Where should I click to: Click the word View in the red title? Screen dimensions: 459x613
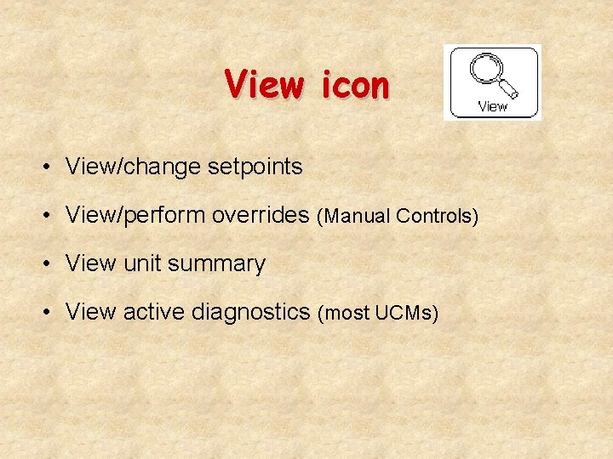[x=264, y=85]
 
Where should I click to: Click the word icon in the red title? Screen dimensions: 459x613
[x=355, y=85]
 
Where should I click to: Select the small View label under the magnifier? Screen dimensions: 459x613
[x=492, y=107]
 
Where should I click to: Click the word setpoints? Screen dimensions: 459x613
[x=255, y=167]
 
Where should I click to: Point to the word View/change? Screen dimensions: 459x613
[x=134, y=167]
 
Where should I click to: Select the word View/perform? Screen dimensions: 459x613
[x=136, y=215]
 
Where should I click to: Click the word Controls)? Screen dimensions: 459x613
[x=437, y=217]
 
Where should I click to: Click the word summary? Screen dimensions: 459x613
[x=217, y=264]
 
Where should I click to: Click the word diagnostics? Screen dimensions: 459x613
[x=251, y=313]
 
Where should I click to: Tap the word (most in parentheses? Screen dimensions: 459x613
[x=343, y=314]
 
